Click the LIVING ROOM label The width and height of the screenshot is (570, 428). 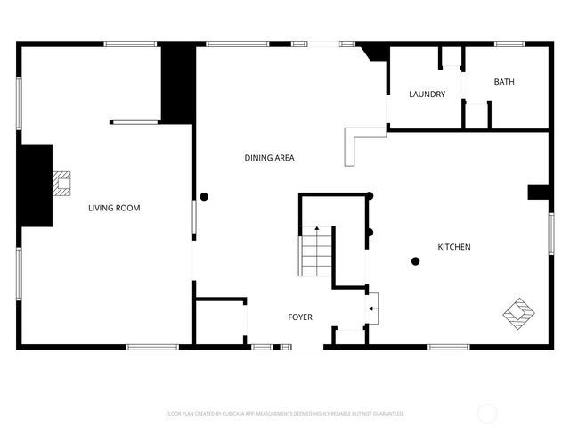pyautogui.click(x=114, y=208)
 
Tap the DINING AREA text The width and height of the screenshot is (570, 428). pyautogui.click(x=269, y=158)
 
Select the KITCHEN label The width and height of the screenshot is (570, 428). pyautogui.click(x=453, y=247)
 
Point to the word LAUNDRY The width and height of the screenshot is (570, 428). pyautogui.click(x=427, y=95)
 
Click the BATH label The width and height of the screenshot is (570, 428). pyautogui.click(x=504, y=82)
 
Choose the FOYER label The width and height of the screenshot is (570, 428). pyautogui.click(x=299, y=317)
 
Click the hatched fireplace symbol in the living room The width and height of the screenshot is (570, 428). pyautogui.click(x=61, y=183)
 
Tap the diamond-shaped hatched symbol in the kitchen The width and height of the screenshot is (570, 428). pyautogui.click(x=519, y=311)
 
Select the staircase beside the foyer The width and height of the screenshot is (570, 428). pyautogui.click(x=315, y=252)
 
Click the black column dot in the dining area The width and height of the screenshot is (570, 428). pyautogui.click(x=204, y=196)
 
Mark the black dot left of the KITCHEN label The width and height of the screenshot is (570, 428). pyautogui.click(x=415, y=260)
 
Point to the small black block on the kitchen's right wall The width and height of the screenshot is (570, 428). pyautogui.click(x=538, y=192)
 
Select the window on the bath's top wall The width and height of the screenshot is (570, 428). pyautogui.click(x=509, y=44)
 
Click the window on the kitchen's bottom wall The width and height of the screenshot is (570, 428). pyautogui.click(x=449, y=346)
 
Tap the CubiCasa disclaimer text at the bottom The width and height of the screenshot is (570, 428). pyautogui.click(x=285, y=414)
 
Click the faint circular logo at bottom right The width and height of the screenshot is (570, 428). pyautogui.click(x=487, y=413)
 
